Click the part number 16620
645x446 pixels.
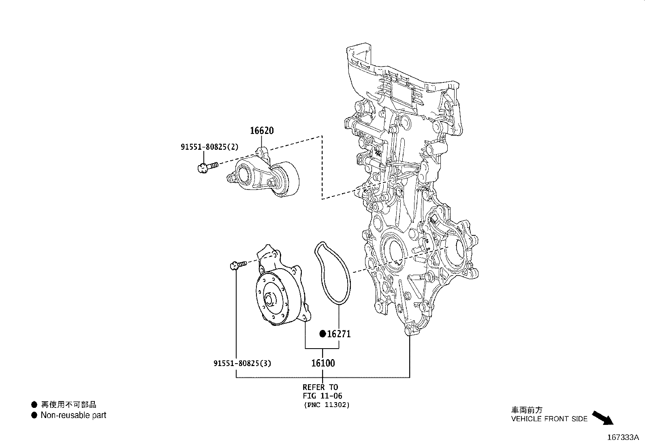pos(261,131)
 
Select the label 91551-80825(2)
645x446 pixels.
pos(209,147)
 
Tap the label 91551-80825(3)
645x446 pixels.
pos(242,363)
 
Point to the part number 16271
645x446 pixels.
pos(339,334)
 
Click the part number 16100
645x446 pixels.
pos(323,363)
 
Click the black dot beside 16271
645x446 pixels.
pos(323,334)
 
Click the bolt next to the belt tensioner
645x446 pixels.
pos(206,166)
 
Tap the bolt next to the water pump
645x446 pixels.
pos(237,265)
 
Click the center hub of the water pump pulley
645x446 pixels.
pos(269,300)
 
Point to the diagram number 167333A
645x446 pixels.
pos(623,437)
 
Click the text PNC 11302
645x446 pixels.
pos(326,405)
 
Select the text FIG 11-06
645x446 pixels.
pos(322,396)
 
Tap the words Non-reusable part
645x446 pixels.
pos(73,415)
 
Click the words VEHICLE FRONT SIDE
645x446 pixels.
pos(549,419)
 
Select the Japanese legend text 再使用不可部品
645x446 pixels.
pos(69,405)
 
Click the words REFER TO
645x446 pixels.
pos(320,387)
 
